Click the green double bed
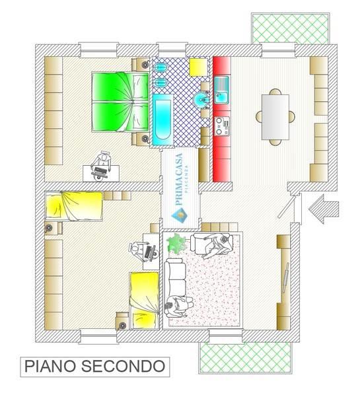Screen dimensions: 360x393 click(120, 102)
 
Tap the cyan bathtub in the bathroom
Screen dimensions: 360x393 click(162, 120)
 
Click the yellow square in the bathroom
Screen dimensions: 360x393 click(198, 67)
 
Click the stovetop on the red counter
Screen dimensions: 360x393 click(222, 126)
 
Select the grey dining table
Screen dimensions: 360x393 click(275, 117)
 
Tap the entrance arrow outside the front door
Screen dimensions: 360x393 click(324, 209)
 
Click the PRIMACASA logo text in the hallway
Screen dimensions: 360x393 click(180, 179)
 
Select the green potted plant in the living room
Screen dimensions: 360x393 click(177, 244)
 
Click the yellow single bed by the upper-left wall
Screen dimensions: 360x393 click(74, 206)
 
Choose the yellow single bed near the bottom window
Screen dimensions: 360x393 click(145, 301)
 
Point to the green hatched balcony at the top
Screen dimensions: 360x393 click(290, 28)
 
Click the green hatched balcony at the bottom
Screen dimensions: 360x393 click(246, 357)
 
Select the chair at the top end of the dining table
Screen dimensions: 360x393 click(275, 92)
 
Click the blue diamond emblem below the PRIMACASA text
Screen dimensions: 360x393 click(180, 215)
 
